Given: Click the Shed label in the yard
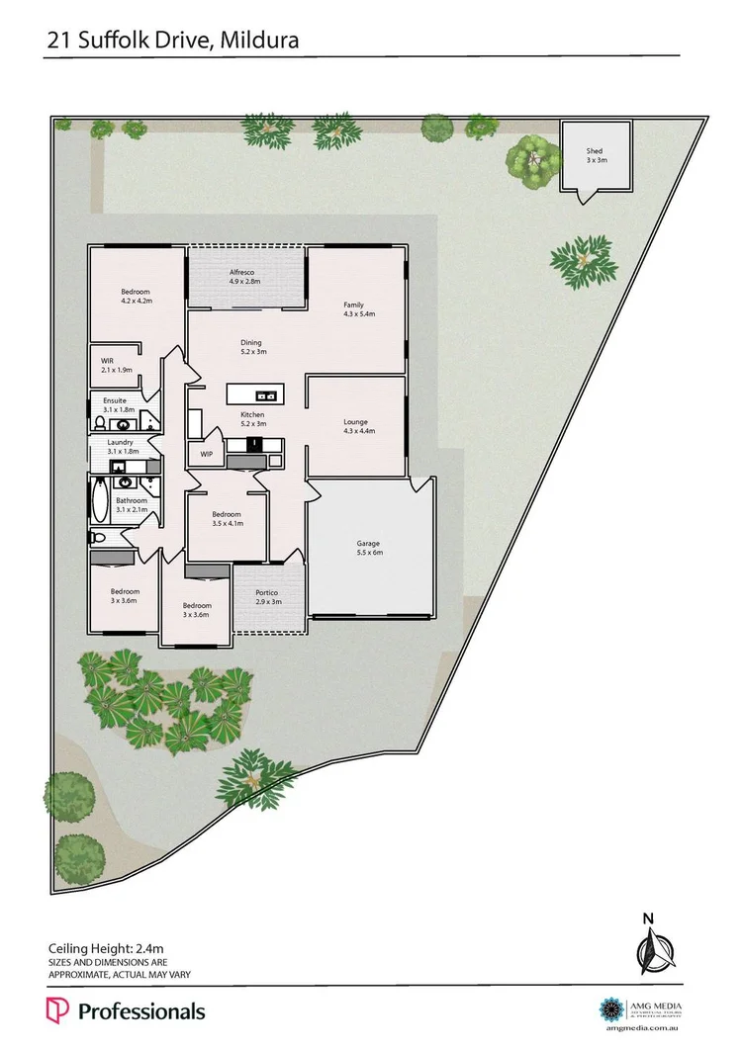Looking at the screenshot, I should click(595, 151).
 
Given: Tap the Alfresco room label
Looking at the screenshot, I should click(243, 271).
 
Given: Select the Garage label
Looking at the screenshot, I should click(368, 544).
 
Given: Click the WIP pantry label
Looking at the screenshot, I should click(207, 455).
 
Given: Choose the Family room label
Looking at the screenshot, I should click(354, 304).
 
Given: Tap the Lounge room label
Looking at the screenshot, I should click(356, 422).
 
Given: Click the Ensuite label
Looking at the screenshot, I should click(115, 399).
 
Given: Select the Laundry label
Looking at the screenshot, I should click(120, 442).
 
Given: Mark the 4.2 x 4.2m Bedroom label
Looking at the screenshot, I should click(136, 292).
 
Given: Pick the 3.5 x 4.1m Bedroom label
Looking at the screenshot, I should click(227, 514).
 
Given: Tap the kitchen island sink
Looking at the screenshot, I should click(270, 393).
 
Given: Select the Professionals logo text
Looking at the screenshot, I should click(140, 1011).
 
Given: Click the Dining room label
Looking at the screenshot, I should click(250, 343).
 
